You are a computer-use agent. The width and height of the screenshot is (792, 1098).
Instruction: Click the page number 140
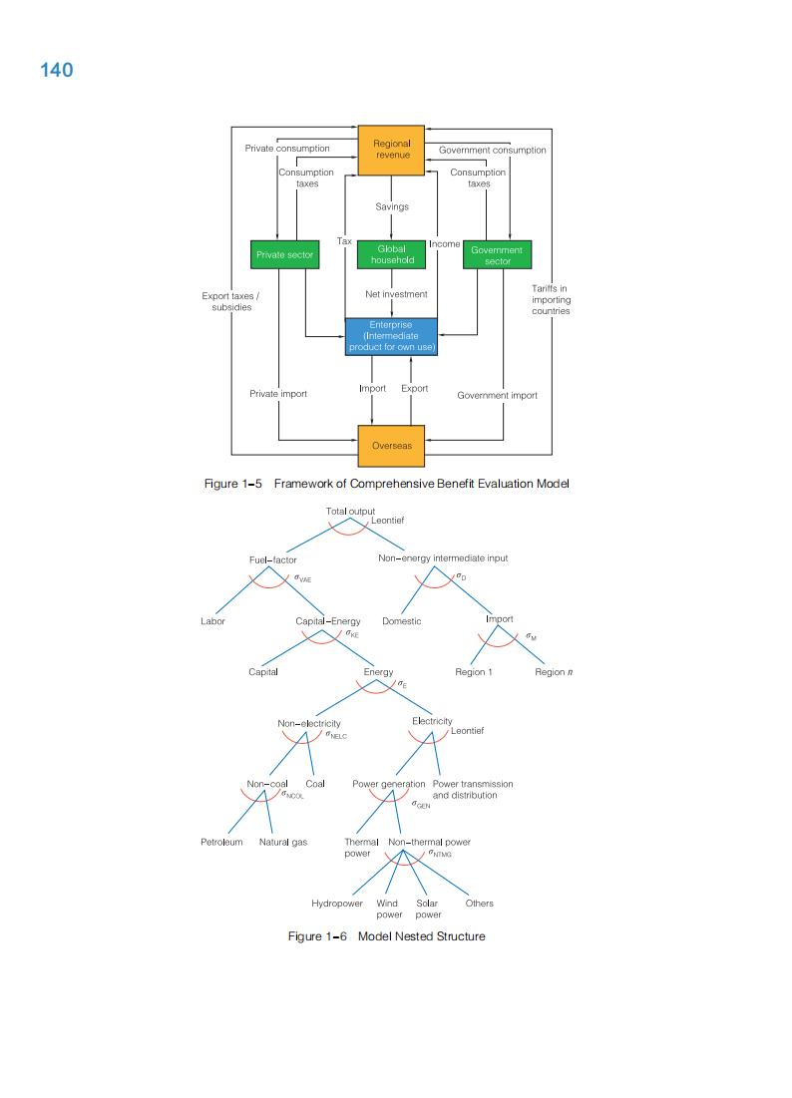[57, 70]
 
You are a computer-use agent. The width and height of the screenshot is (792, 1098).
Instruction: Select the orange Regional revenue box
[391, 150]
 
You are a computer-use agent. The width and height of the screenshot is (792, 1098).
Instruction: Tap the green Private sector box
[284, 254]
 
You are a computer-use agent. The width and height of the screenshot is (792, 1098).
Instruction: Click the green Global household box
[391, 254]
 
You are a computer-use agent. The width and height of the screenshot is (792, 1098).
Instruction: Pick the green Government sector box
[497, 255]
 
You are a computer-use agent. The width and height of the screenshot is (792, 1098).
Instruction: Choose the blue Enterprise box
[391, 336]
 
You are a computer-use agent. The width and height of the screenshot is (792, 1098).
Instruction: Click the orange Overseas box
[391, 446]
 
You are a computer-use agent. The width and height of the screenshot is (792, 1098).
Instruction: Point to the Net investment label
[396, 294]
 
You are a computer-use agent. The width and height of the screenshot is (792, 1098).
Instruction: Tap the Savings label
[391, 206]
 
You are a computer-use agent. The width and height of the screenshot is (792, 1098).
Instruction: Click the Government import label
[497, 396]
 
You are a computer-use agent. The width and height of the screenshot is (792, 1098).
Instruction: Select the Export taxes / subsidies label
[230, 301]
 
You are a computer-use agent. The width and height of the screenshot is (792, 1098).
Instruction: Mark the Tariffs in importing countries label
[551, 299]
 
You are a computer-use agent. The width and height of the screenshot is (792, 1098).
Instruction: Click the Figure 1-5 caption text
[386, 484]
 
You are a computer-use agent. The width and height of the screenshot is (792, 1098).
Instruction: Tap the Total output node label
[350, 511]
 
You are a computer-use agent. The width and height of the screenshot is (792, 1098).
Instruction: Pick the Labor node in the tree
[212, 620]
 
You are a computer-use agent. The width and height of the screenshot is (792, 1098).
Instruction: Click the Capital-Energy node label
[328, 620]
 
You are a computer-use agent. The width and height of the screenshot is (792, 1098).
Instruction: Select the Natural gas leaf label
[283, 843]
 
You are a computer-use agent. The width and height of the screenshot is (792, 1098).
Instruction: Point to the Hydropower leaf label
[336, 904]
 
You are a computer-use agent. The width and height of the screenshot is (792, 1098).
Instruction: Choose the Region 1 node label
[474, 672]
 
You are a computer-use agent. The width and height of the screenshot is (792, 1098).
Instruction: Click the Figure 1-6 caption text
[386, 936]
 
